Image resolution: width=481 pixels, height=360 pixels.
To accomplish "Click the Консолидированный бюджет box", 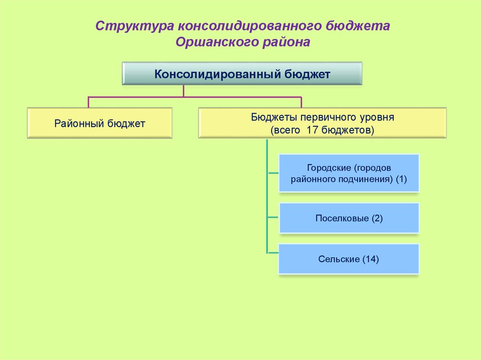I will [242, 74].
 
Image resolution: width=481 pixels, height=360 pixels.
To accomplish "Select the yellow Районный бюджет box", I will [100, 123].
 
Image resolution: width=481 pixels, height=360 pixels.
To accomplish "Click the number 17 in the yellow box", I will [312, 130].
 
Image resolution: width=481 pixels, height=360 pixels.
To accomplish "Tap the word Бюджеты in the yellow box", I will [270, 117].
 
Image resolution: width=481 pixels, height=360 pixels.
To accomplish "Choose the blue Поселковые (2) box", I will [349, 218].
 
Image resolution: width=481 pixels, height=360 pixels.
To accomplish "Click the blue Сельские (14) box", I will [349, 259].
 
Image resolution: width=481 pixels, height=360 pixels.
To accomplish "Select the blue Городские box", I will [349, 173].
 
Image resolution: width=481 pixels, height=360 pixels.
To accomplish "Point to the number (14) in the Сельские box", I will [370, 259].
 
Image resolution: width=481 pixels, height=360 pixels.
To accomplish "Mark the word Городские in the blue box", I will [329, 168].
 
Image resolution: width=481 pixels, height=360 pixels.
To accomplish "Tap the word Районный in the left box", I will [79, 124].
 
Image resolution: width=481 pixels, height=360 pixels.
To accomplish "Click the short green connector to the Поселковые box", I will [273, 218].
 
